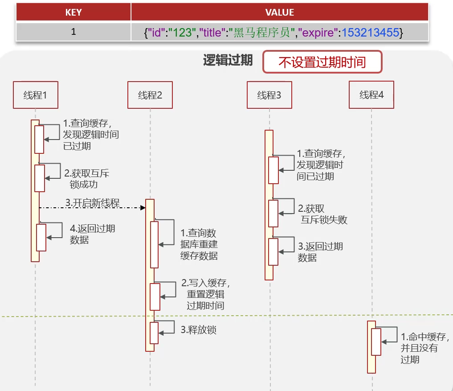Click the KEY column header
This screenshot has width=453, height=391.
(73, 12)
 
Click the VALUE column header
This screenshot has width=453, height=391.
(279, 12)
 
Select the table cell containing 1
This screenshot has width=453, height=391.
(73, 32)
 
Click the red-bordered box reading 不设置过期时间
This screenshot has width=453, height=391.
(322, 62)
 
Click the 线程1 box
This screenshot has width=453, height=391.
(36, 95)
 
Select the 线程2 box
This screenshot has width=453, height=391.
(150, 95)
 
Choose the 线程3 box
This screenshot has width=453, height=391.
(269, 95)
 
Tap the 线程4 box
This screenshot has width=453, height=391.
(371, 95)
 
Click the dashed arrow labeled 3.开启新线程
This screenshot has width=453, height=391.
(92, 207)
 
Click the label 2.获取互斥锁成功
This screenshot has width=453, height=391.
(86, 178)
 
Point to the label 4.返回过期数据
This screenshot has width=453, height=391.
(92, 234)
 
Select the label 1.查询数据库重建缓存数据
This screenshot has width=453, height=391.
(199, 244)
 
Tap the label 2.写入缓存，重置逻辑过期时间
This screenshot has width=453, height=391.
(205, 294)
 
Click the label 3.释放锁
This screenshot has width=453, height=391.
(198, 330)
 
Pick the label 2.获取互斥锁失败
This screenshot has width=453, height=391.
(322, 214)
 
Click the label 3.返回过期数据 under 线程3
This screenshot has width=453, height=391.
(320, 252)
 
